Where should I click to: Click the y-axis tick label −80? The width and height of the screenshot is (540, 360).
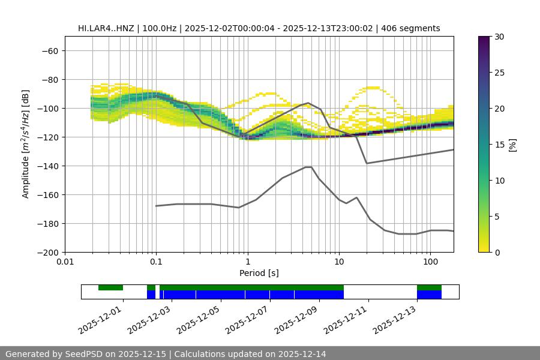pos(50,79)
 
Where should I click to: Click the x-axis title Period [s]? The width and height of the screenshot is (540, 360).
pos(259,273)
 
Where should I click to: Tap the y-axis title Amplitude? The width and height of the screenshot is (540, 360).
pos(26,145)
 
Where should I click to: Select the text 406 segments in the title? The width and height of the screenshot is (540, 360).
pos(414,28)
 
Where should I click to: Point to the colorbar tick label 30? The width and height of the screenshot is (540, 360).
pos(499,37)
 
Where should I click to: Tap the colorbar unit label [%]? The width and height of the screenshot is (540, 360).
pos(512,145)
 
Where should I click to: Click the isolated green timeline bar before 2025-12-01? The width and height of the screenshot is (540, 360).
pos(110,287)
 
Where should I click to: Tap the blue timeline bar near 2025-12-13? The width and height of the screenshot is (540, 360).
pos(429,295)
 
